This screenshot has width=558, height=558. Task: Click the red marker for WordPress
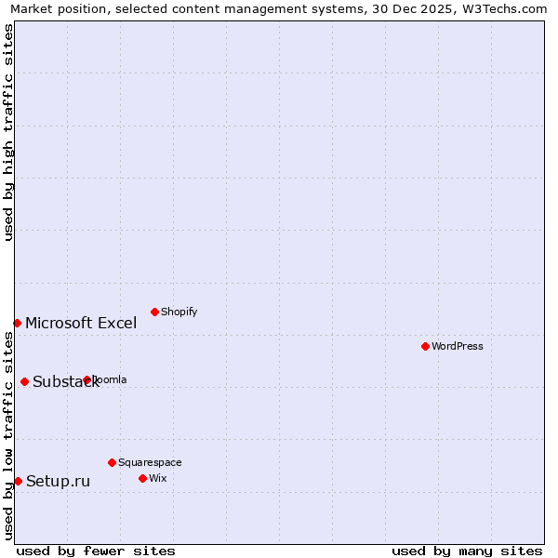425,346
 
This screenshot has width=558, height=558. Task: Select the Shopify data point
154,312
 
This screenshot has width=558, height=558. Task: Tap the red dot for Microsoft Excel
17,323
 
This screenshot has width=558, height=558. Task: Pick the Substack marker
24,381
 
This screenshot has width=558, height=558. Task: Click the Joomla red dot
86,379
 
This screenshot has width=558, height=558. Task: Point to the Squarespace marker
112,462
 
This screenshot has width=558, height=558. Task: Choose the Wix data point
142,478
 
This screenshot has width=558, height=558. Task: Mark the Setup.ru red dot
18,481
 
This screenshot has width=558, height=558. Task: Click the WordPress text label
458,347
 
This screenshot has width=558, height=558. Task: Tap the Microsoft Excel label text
81,324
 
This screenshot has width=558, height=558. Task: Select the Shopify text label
179,312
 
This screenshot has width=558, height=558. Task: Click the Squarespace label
150,463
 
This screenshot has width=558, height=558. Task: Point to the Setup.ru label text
58,482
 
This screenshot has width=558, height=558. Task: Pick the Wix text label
157,479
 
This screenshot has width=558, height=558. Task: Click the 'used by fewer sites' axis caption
96,551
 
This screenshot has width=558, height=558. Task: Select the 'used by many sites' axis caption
467,551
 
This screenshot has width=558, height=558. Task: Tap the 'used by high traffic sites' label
8,132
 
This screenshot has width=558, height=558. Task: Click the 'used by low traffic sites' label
8,435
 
